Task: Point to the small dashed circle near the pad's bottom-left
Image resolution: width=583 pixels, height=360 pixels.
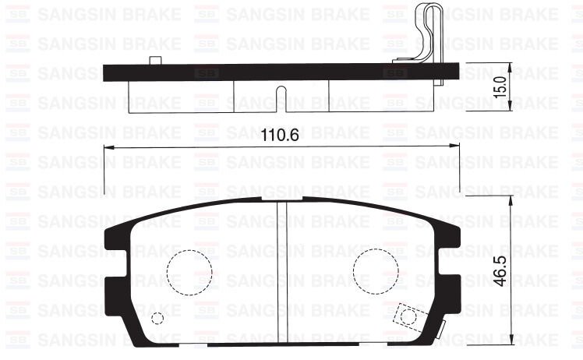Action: tap(158, 318)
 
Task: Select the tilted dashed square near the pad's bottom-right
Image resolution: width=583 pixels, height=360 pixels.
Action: tap(405, 316)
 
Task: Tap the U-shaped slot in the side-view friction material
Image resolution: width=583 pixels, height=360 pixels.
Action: tap(282, 98)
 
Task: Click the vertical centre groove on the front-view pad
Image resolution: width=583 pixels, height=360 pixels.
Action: tap(282, 265)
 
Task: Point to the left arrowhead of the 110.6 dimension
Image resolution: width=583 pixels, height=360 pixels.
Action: tap(107, 147)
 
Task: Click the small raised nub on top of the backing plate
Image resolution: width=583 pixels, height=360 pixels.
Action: tap(155, 61)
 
